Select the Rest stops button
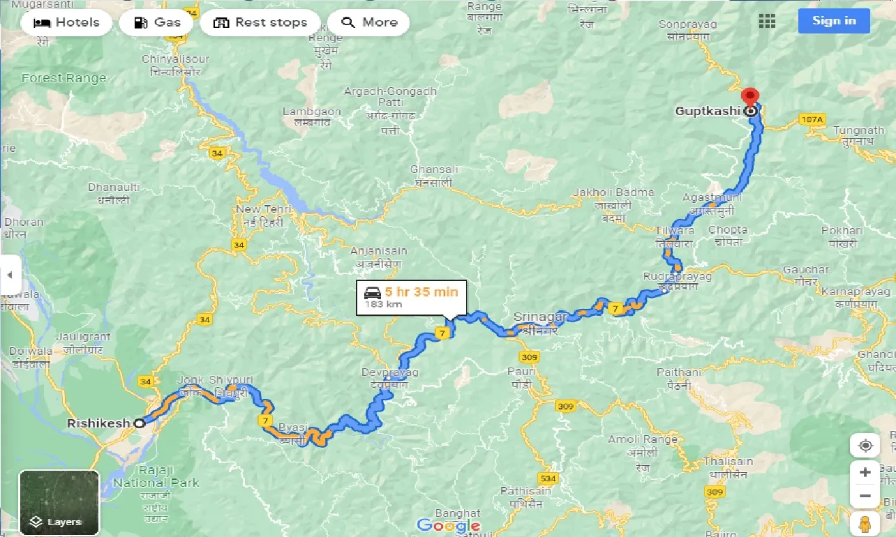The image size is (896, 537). [260, 22]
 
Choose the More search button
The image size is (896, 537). [368, 22]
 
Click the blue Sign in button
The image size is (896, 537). [834, 21]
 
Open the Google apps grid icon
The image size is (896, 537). [767, 21]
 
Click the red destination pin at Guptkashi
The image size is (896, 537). [749, 98]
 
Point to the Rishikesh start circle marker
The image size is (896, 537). [140, 423]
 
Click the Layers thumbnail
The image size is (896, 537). [59, 502]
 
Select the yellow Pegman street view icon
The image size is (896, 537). [865, 524]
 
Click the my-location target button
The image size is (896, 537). [865, 446]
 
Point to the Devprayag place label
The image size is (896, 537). [389, 373]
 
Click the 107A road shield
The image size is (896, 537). [812, 120]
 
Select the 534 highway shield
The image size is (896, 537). [548, 478]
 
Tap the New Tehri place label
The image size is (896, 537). [258, 209]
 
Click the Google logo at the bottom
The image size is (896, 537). [447, 525]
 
